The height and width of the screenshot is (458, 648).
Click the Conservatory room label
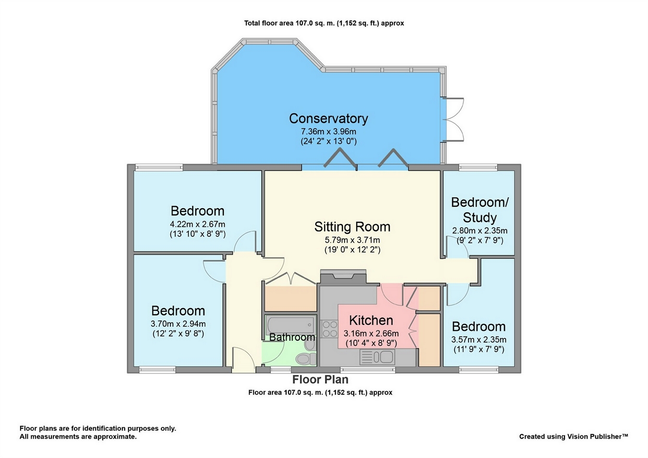[328, 118]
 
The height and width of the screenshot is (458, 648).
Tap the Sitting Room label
[352, 226]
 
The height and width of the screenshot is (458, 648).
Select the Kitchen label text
[371, 320]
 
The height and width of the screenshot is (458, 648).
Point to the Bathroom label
[292, 337]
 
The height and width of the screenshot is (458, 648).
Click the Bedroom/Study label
[480, 210]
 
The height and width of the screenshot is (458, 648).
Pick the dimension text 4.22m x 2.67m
[197, 224]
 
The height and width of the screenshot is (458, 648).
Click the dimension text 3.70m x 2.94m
[178, 324]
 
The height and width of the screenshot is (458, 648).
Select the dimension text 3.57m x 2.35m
[479, 340]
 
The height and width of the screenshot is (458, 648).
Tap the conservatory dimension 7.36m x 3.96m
[328, 131]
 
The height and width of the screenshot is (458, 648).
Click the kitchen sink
[377, 357]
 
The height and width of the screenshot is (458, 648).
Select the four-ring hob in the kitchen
[330, 328]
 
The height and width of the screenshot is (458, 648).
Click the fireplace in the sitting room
[343, 276]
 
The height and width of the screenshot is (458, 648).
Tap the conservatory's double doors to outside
[454, 119]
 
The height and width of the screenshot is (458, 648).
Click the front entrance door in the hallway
[243, 359]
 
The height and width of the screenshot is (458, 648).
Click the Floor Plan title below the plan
[320, 380]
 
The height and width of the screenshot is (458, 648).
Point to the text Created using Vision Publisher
[573, 436]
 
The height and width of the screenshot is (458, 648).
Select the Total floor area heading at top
[324, 23]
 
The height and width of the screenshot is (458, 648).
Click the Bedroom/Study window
[478, 167]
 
